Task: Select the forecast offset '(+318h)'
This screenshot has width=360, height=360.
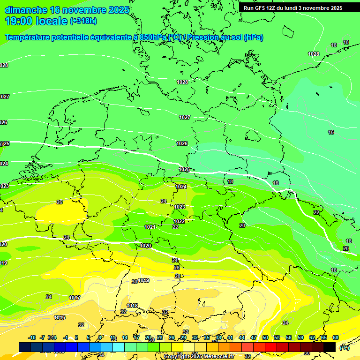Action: click(x=83, y=21)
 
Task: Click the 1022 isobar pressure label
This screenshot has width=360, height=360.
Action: click(x=179, y=221)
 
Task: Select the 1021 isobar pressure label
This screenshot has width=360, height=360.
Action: click(x=150, y=227)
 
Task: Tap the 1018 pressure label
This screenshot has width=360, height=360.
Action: click(x=133, y=306)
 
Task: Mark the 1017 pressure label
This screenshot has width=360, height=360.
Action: click(x=75, y=298)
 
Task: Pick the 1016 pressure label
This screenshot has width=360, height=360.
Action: click(x=60, y=317)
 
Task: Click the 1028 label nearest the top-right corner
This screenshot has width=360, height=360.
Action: click(x=314, y=54)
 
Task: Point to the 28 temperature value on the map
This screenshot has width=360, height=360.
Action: click(x=178, y=276)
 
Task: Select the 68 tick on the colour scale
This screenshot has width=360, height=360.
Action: click(x=336, y=337)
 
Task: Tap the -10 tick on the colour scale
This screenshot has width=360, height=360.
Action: click(x=32, y=337)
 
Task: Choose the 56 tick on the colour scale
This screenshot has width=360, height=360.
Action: click(x=289, y=337)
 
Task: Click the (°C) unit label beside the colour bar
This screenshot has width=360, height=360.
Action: click(x=345, y=347)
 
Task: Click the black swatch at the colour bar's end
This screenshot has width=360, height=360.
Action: click(x=330, y=347)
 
